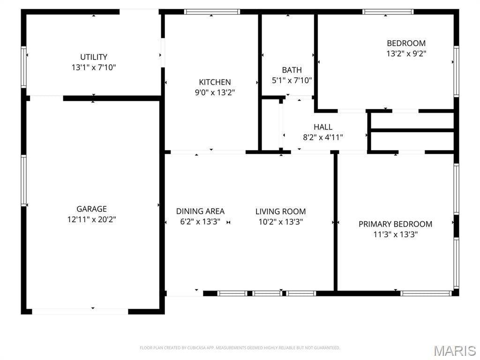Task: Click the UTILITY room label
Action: click(x=94, y=57)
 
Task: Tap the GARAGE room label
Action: click(x=91, y=209)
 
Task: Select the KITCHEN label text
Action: click(x=215, y=82)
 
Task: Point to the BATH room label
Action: click(x=292, y=70)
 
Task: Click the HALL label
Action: click(x=323, y=127)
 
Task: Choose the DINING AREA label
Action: click(x=200, y=211)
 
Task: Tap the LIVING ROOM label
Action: click(x=281, y=211)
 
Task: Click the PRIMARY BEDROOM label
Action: click(x=396, y=224)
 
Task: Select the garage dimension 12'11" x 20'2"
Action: click(x=92, y=219)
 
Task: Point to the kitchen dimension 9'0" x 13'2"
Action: click(x=215, y=92)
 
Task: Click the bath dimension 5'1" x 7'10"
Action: click(x=292, y=81)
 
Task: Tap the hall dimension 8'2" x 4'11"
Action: click(x=323, y=137)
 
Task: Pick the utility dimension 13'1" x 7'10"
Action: click(x=94, y=67)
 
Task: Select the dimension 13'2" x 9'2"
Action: click(x=406, y=53)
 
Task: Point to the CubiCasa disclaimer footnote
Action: click(x=240, y=348)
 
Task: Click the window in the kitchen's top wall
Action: click(x=212, y=12)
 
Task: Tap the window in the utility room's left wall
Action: click(x=23, y=67)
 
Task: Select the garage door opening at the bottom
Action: click(x=80, y=312)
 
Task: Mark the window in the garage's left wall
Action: click(x=23, y=180)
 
